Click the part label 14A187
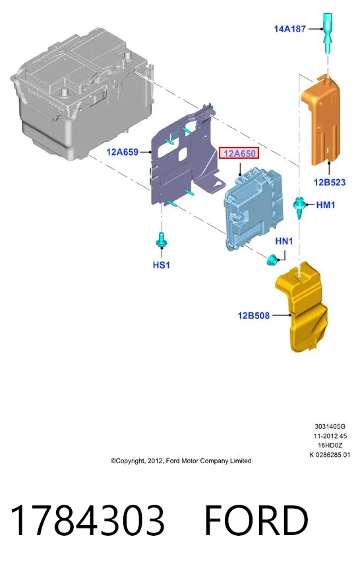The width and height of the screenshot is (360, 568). pos(289,28)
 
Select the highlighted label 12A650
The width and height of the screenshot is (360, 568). pos(239,154)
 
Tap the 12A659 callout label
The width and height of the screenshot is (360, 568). pos(122,152)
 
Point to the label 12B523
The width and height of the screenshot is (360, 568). pos(330,183)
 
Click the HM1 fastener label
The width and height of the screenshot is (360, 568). pos(326,205)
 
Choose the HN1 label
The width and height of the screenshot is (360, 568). pos(284,241)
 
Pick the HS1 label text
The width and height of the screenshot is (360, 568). pos(162,265)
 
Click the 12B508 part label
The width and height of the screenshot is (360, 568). pos(253,316)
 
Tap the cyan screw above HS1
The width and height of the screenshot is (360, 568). pos(161,240)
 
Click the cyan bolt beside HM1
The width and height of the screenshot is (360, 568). pos(299,207)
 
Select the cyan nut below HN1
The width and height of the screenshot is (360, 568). pos(272,260)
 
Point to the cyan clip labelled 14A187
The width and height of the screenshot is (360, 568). pos(327,32)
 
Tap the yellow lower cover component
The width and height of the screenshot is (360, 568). pos(301,308)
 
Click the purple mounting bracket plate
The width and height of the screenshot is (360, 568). pos(181,159)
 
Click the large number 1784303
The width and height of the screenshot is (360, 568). pos(87,520)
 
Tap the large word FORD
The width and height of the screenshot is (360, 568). pos(256,520)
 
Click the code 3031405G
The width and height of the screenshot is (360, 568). pos(330,426)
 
